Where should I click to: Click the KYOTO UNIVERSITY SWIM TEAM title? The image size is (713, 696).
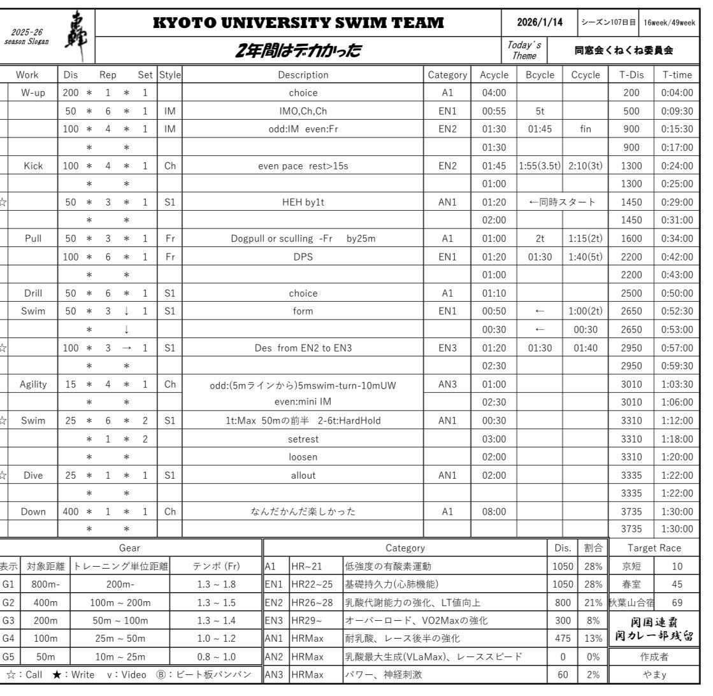click(299, 23)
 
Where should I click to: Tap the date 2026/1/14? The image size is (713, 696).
click(540, 22)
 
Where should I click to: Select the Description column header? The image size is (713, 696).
click(303, 75)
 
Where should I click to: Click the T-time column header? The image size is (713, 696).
click(677, 75)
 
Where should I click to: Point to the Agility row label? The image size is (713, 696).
click(33, 384)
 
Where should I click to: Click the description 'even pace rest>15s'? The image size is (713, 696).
click(303, 166)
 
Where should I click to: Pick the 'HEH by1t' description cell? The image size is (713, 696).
click(303, 202)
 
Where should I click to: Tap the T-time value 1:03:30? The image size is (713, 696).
click(677, 384)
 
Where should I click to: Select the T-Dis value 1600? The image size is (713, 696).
click(631, 239)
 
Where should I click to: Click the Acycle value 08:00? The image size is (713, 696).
click(494, 511)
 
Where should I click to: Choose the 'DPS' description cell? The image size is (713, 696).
click(303, 257)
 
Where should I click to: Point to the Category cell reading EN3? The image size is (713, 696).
click(447, 348)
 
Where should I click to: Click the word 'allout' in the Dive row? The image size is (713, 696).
click(303, 475)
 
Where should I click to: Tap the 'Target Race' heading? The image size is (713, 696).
click(654, 548)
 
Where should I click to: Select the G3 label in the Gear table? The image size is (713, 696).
click(8, 620)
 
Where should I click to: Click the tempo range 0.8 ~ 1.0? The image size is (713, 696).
click(216, 657)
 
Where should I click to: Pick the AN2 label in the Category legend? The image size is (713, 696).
click(275, 657)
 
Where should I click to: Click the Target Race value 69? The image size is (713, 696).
click(677, 602)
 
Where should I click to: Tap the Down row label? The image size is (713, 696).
click(33, 511)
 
